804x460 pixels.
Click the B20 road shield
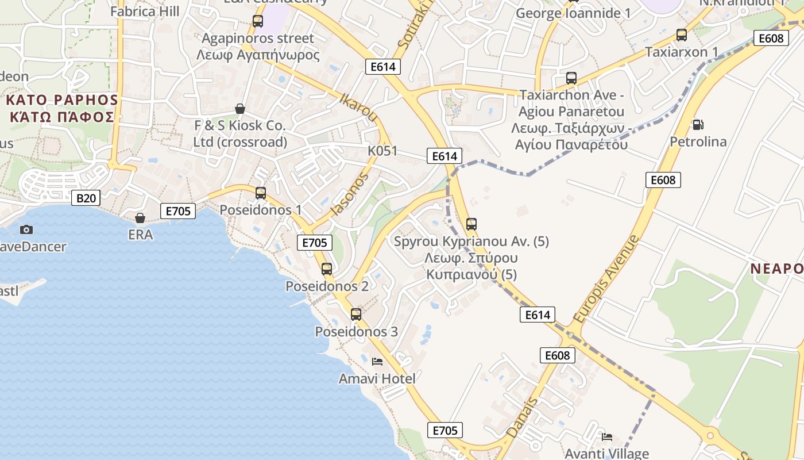[x=86, y=198]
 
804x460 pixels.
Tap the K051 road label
[x=382, y=151]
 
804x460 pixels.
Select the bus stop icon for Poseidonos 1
[x=261, y=193]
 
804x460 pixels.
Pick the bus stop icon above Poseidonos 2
[x=327, y=269]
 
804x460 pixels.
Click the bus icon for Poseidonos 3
[x=356, y=314]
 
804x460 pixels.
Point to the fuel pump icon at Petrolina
[x=698, y=124]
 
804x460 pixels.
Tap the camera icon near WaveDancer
[x=26, y=229]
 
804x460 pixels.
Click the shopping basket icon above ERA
[x=140, y=218]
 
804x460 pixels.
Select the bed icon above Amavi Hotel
[x=377, y=361]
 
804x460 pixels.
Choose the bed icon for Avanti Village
[x=607, y=436]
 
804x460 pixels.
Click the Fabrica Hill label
[x=145, y=11]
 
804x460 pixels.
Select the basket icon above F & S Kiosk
[x=240, y=109]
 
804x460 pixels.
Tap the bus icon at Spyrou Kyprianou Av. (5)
[x=471, y=224]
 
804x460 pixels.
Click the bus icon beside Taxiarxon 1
[x=682, y=35]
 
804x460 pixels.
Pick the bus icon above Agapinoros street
[x=258, y=22]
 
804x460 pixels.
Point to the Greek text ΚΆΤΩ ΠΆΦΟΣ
[x=62, y=117]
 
